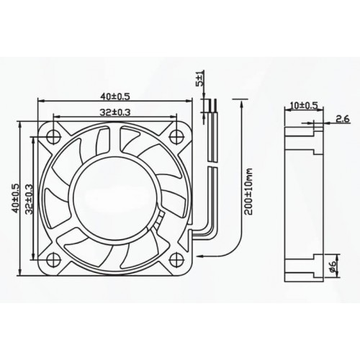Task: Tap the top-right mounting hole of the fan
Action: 174,135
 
